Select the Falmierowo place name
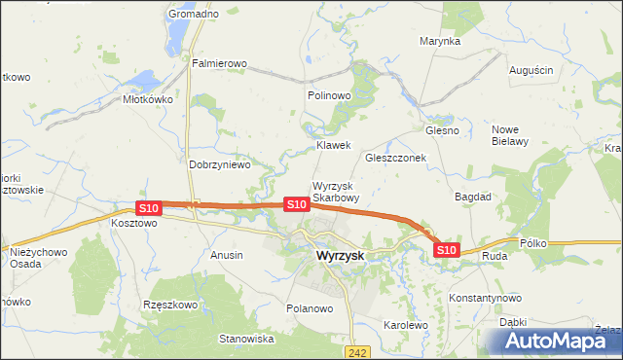[x=220, y=64]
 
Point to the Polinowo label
[x=328, y=96]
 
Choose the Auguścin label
[x=531, y=71]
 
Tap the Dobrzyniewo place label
[x=219, y=165]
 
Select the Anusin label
[x=227, y=255]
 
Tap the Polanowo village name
[x=310, y=308]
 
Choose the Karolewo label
[x=406, y=325]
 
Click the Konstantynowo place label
[x=485, y=298]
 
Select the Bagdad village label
[x=473, y=197]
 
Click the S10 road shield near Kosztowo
[x=148, y=208]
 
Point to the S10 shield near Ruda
[x=446, y=250]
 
